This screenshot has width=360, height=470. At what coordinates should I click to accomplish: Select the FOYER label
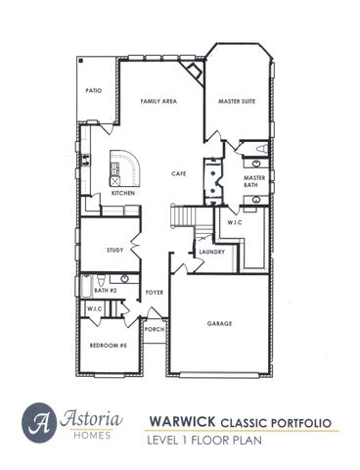tap(154, 292)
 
